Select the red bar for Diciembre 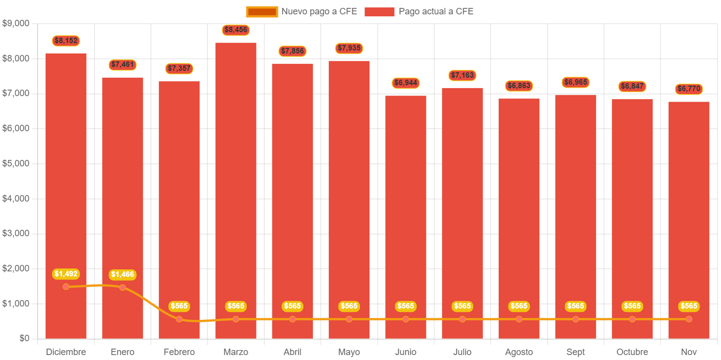point(66,188)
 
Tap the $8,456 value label point(236,30)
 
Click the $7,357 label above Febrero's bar point(179,68)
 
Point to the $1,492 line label point(66,274)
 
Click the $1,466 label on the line point(122,274)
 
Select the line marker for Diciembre point(66,287)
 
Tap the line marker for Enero point(122,287)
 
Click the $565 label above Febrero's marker point(179,306)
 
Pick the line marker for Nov point(689,319)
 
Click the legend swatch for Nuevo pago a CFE point(262,11)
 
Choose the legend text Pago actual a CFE point(436,11)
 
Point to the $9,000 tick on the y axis point(16,23)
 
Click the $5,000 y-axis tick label point(16,163)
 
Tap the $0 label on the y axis point(24,338)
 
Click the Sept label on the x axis point(575,352)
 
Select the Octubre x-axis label point(632,352)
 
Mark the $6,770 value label point(689,89)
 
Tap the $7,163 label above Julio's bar point(462,75)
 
